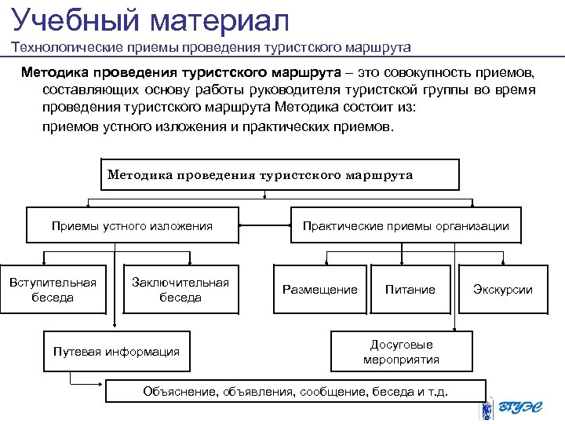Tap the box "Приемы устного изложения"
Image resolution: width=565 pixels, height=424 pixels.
point(132,226)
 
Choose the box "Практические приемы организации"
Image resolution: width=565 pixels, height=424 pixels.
point(406,226)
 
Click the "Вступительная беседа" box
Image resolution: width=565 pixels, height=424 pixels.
point(53,290)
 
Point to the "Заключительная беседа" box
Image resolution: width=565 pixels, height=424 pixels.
point(180,290)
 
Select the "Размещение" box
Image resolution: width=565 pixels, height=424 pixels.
point(319,290)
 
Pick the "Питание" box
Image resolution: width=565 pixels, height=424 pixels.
point(410,290)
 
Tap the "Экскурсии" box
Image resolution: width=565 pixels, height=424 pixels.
point(502,290)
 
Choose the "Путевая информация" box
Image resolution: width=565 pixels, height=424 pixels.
point(116,352)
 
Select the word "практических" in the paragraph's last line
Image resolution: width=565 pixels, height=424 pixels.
point(283,126)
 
